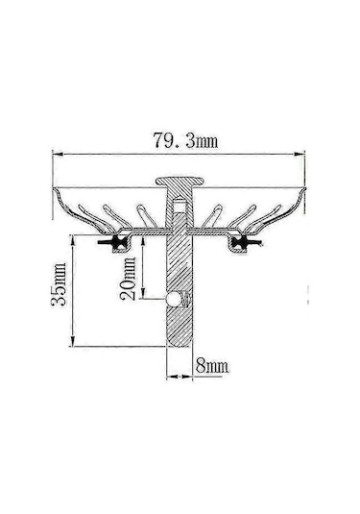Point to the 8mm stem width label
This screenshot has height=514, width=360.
210,365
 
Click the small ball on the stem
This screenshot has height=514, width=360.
173,301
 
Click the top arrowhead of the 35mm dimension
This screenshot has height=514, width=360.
74,237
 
